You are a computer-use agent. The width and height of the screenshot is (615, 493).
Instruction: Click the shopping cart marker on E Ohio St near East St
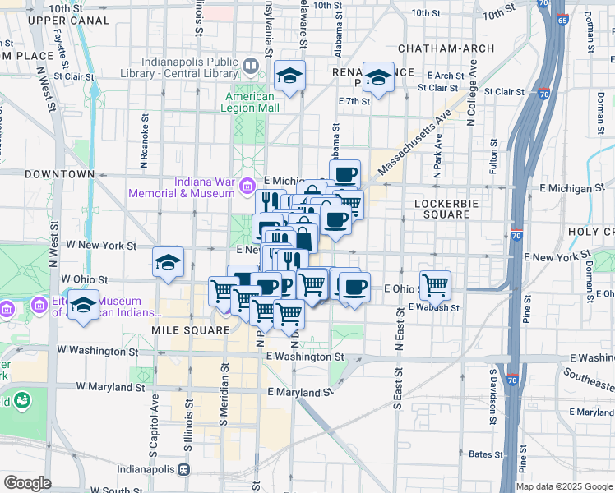pos(435,285)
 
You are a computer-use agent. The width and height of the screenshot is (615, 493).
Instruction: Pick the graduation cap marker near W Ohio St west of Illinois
pos(168,262)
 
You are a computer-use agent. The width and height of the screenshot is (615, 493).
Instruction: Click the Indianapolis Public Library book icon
pos(250,64)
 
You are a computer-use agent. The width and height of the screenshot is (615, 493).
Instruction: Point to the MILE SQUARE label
pos(190,329)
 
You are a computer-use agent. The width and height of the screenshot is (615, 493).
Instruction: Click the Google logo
pos(27,483)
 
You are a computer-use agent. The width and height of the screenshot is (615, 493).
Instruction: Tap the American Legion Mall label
pos(252,102)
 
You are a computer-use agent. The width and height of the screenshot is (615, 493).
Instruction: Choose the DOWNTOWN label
pos(60,174)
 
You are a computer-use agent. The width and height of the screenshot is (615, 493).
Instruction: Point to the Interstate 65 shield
pos(561,20)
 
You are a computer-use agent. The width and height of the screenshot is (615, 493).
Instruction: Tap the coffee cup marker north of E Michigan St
pos(345,173)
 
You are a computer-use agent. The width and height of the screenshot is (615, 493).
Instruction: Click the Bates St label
pos(486,454)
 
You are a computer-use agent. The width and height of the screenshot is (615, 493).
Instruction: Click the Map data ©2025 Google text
pos(563,486)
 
